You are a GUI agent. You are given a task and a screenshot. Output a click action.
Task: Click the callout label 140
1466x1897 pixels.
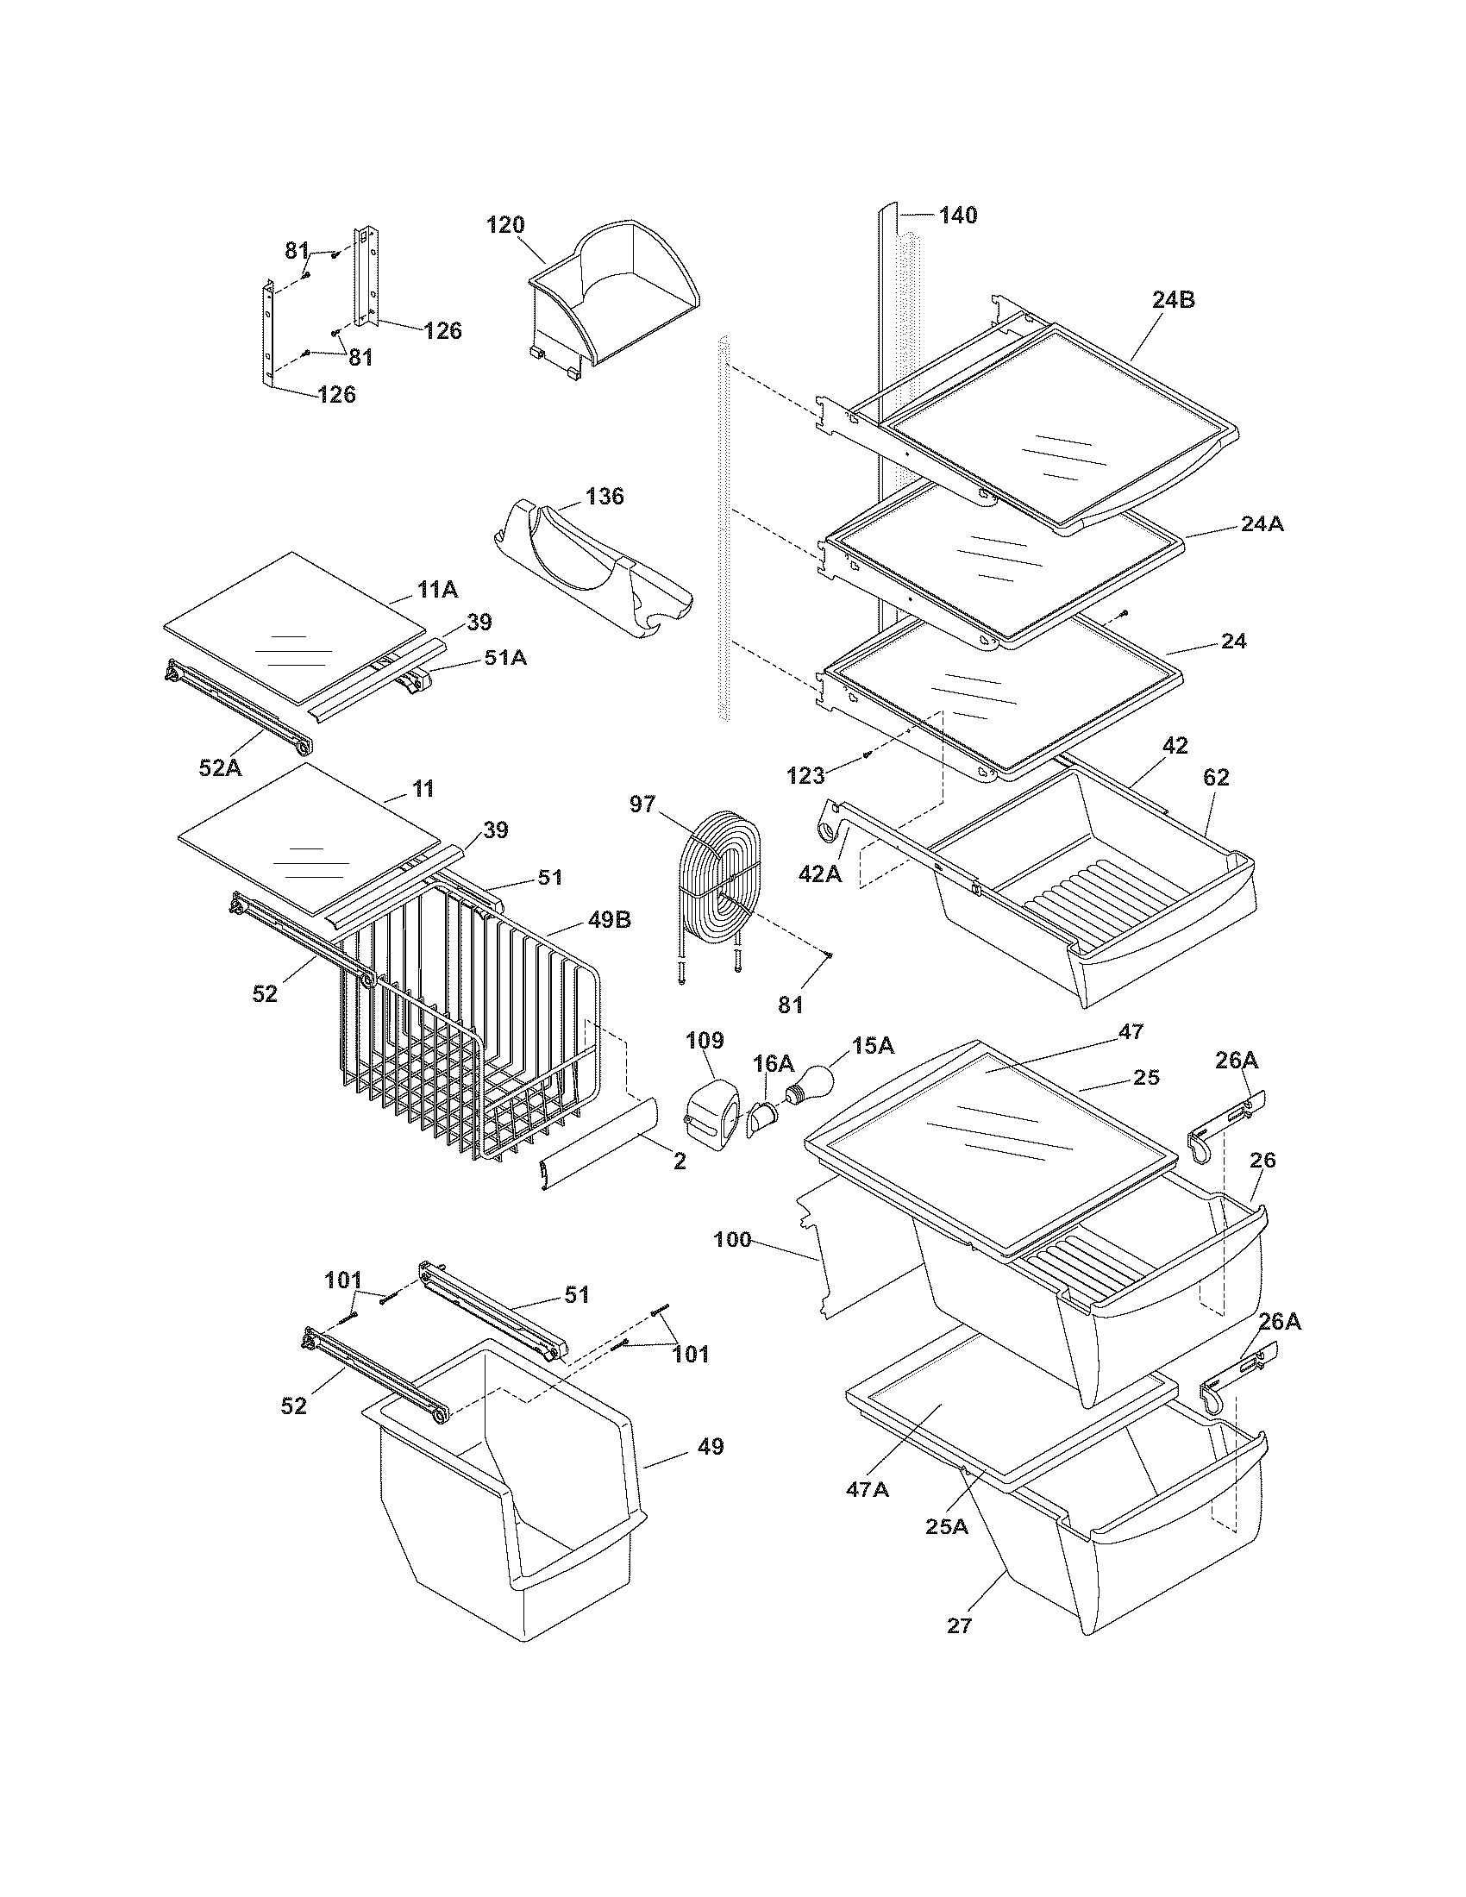957,215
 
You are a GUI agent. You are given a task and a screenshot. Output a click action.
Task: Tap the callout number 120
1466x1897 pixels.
505,225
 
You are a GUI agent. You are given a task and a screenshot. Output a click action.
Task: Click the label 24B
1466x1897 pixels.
1174,300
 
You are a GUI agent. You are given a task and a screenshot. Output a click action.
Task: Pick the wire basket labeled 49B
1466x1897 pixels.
469,1025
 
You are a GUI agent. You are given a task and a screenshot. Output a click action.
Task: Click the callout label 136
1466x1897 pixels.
605,496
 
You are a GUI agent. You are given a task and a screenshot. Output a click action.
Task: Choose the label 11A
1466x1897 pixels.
437,590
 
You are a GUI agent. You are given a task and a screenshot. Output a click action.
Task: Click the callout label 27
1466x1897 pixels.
958,1625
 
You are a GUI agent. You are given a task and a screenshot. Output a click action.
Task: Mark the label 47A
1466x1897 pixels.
868,1489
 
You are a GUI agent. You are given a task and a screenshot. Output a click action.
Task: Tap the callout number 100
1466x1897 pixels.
731,1239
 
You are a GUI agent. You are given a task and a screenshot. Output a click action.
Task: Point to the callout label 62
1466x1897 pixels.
1216,778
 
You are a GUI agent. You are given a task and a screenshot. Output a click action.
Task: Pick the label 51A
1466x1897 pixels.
505,658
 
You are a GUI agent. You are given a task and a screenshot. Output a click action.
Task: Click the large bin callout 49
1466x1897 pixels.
710,1447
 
